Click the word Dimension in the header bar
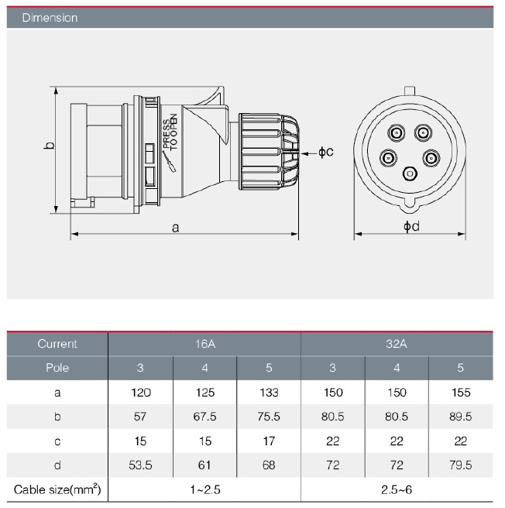pos(50,17)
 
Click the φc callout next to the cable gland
pos(325,153)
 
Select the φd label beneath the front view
pos(411,226)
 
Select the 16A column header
pos(204,343)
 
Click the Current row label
pos(58,343)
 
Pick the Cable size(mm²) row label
pos(58,489)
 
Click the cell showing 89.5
pos(459,417)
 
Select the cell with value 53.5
pos(140,465)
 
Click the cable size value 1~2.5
pos(204,489)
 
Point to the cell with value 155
pos(459,393)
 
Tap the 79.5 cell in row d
pos(459,465)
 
